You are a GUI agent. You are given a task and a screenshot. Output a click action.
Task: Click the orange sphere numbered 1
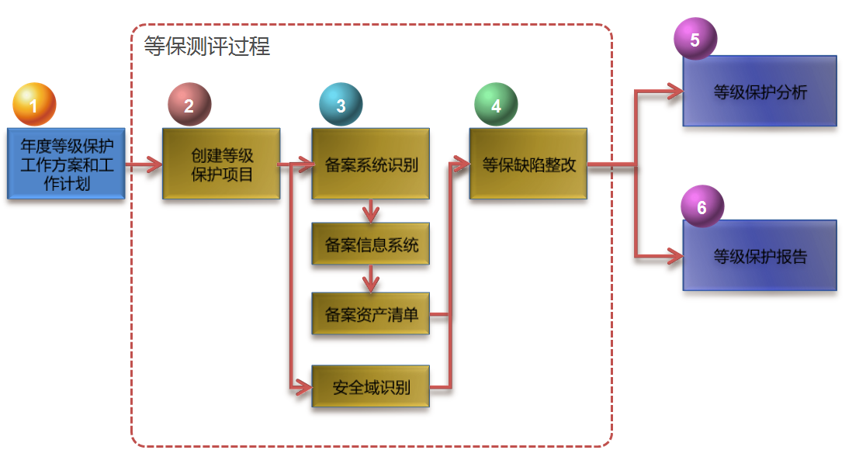click(34, 104)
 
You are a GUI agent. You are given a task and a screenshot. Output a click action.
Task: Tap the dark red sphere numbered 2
click(189, 104)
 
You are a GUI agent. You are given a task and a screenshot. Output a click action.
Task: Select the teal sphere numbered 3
click(341, 104)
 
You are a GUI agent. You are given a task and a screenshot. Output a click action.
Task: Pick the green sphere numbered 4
click(496, 104)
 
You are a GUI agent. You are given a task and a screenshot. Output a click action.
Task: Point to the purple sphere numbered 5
click(695, 40)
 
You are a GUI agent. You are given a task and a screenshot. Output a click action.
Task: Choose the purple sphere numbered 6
click(701, 206)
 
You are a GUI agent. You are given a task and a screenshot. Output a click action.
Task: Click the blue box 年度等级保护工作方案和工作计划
click(66, 164)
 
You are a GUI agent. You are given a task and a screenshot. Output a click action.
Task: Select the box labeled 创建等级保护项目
click(221, 164)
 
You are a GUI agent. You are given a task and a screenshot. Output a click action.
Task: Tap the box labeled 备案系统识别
click(371, 164)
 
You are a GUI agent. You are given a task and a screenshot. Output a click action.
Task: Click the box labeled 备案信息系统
click(371, 244)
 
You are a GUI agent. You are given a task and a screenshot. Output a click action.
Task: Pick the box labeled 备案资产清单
click(371, 314)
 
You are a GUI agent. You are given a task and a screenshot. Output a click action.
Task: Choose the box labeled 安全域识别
click(371, 386)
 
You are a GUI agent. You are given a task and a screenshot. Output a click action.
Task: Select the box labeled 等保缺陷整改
click(528, 164)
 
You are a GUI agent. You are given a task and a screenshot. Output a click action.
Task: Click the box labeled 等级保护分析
click(760, 92)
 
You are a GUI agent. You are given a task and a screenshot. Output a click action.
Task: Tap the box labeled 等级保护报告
click(760, 255)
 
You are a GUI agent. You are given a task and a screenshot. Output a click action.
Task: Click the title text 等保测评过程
click(207, 47)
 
